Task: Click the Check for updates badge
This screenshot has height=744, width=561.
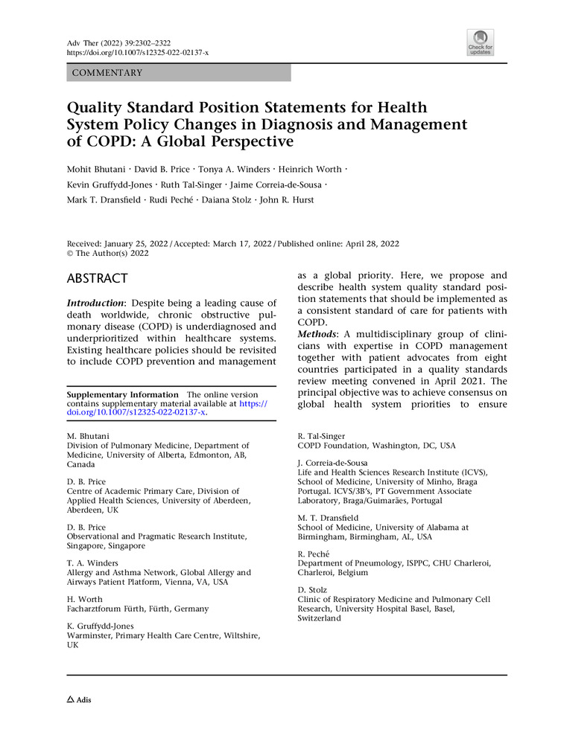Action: coord(481,42)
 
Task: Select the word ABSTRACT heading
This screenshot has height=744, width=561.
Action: coord(98,279)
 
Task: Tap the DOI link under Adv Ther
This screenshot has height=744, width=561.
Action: coord(138,53)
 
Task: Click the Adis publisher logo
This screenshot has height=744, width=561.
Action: coord(80,700)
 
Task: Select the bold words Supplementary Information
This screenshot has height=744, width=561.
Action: coord(123,394)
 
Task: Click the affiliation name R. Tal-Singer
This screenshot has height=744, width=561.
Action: coord(322,437)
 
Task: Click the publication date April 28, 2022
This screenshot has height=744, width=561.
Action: coord(366,243)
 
